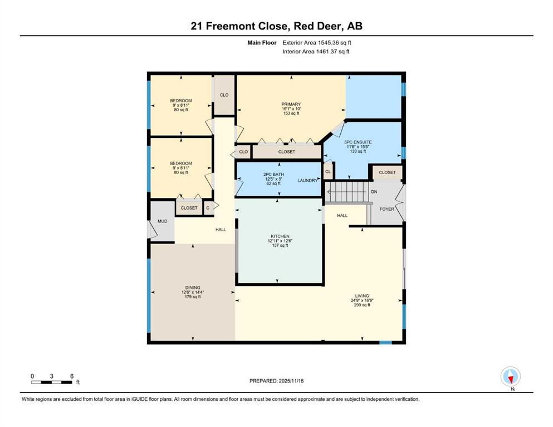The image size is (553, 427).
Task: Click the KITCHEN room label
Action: [280, 236]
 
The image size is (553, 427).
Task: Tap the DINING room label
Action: [193, 287]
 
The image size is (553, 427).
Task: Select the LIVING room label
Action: [362, 296]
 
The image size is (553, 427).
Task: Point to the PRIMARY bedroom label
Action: [291, 104]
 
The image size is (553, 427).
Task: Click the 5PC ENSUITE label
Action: [358, 142]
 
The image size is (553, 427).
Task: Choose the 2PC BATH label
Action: [273, 174]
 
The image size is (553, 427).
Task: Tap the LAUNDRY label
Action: [307, 180]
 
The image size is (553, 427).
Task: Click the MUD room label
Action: [162, 221]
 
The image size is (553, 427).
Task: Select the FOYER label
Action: [387, 209]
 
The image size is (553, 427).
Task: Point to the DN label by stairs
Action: [374, 192]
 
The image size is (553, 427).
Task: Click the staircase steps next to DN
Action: [347, 192]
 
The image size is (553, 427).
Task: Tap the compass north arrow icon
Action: [510, 376]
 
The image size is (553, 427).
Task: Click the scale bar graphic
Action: [51, 383]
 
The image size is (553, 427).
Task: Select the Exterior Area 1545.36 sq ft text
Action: [317, 43]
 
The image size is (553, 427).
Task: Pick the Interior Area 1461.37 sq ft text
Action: [316, 51]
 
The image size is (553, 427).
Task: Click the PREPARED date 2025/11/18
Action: [276, 381]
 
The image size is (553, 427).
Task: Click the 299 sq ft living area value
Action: [362, 305]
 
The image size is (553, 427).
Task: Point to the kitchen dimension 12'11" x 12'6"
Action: [280, 241]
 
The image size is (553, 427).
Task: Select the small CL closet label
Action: [328, 172]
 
